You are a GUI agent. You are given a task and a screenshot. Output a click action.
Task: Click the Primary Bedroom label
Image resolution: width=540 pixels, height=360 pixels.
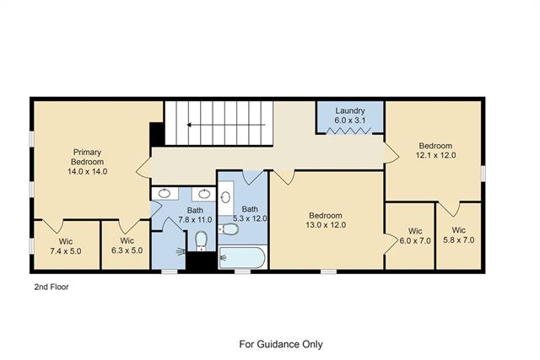[x=87, y=157]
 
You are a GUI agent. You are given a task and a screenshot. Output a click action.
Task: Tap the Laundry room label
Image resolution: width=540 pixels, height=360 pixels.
[x=350, y=110]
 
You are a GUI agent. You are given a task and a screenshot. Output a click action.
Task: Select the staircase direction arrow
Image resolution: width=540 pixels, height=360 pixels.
[x=226, y=125]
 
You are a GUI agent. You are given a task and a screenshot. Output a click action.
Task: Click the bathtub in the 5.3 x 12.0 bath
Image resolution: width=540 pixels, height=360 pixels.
[x=242, y=257]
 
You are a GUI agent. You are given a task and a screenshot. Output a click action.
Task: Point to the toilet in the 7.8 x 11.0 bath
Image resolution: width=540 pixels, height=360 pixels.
[x=201, y=240]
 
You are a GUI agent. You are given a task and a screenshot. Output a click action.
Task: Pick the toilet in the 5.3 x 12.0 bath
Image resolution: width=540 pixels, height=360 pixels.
[x=229, y=228]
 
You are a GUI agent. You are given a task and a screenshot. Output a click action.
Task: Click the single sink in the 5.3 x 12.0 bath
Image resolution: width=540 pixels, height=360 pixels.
[x=225, y=197]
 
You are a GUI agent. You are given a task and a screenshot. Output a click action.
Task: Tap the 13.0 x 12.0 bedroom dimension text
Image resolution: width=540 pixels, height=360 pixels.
[x=326, y=225]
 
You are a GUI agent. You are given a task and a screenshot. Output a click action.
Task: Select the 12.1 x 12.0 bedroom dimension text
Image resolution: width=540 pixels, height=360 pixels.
[x=435, y=155]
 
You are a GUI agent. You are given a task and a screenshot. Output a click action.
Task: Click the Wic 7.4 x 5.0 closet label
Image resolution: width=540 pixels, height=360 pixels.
[x=66, y=246]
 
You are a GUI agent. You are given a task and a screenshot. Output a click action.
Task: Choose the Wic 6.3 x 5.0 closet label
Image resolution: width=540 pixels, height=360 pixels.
[x=127, y=245]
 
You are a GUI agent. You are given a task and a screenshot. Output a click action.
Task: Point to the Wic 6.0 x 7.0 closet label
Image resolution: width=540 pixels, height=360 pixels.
[x=415, y=236]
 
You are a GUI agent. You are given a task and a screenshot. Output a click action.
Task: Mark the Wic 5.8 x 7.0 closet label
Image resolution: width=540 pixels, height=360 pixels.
[x=459, y=235]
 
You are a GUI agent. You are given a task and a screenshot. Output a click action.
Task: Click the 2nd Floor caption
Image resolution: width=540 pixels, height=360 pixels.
[x=51, y=287]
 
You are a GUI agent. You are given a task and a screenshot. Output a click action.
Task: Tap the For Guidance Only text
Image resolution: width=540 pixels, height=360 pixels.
[x=281, y=344]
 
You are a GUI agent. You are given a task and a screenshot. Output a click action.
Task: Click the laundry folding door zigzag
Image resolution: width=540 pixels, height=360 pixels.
[x=348, y=131]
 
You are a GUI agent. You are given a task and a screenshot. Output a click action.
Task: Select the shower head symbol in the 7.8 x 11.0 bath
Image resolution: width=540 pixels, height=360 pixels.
[x=181, y=252]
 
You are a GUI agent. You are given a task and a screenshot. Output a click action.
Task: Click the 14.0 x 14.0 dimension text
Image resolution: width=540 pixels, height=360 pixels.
[x=88, y=171]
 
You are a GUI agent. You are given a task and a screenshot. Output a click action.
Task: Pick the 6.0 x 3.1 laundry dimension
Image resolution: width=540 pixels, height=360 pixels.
[x=350, y=121]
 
